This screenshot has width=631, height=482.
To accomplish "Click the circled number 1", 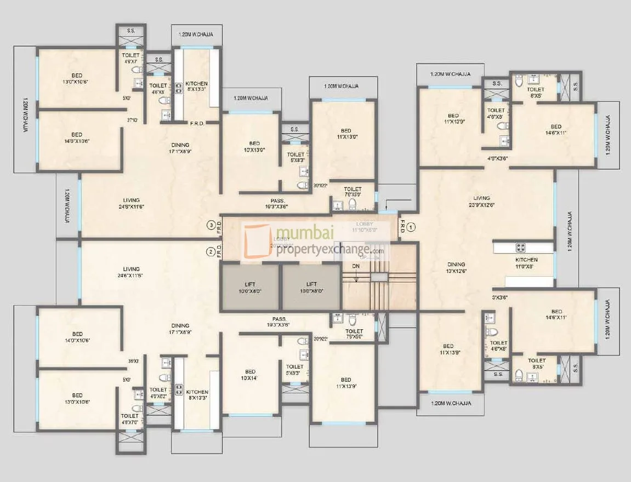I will tap(413, 225).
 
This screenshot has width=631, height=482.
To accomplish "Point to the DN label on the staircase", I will tap(356, 266).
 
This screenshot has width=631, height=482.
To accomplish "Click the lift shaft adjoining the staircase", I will tap(311, 288).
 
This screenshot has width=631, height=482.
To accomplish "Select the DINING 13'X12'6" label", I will tap(456, 267).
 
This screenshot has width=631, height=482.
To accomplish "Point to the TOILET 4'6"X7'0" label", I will tap(130, 419).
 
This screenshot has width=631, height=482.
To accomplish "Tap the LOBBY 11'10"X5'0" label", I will tap(364, 226).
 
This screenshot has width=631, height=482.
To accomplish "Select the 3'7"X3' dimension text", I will tap(132, 120).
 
